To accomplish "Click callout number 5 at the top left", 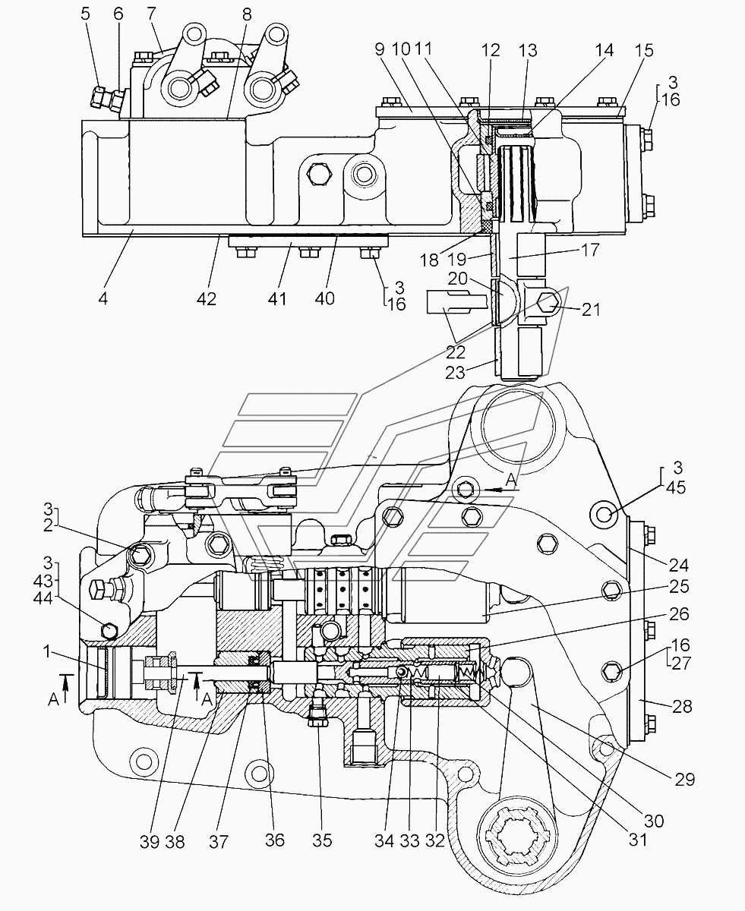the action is click(86, 14).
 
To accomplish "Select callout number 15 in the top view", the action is click(644, 51).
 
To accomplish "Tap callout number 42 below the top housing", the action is click(206, 298).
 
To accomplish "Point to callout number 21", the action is click(591, 310).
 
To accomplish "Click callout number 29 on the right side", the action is click(684, 780).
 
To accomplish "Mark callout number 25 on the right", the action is click(679, 587).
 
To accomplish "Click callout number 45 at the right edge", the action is click(676, 487).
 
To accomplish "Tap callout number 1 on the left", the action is click(47, 651).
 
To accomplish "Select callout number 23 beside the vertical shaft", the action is click(455, 372).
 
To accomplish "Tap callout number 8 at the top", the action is click(247, 14).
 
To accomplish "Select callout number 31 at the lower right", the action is click(638, 840).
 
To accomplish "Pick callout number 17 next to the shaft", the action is click(590, 250).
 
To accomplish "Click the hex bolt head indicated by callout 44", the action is click(109, 631).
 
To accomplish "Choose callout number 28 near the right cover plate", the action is click(682, 706).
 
